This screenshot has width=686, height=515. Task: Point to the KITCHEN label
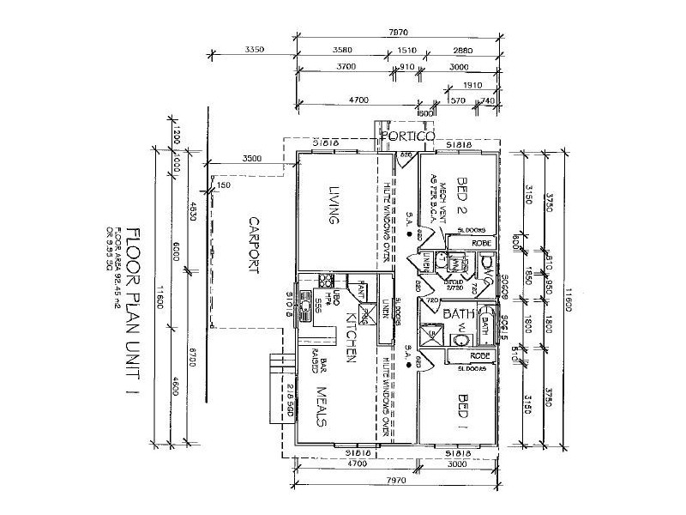click(352, 336)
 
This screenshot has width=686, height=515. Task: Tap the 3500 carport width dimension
click(252, 159)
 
